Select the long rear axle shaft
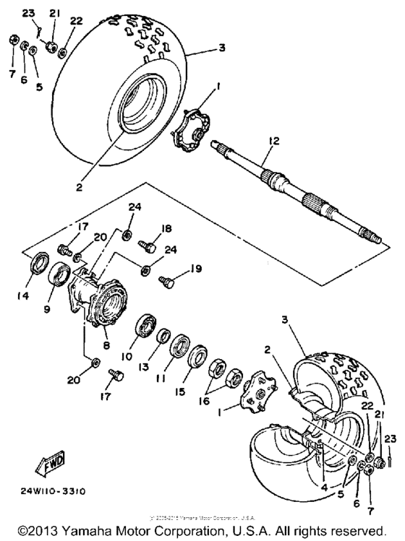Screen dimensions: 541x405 (304, 192)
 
